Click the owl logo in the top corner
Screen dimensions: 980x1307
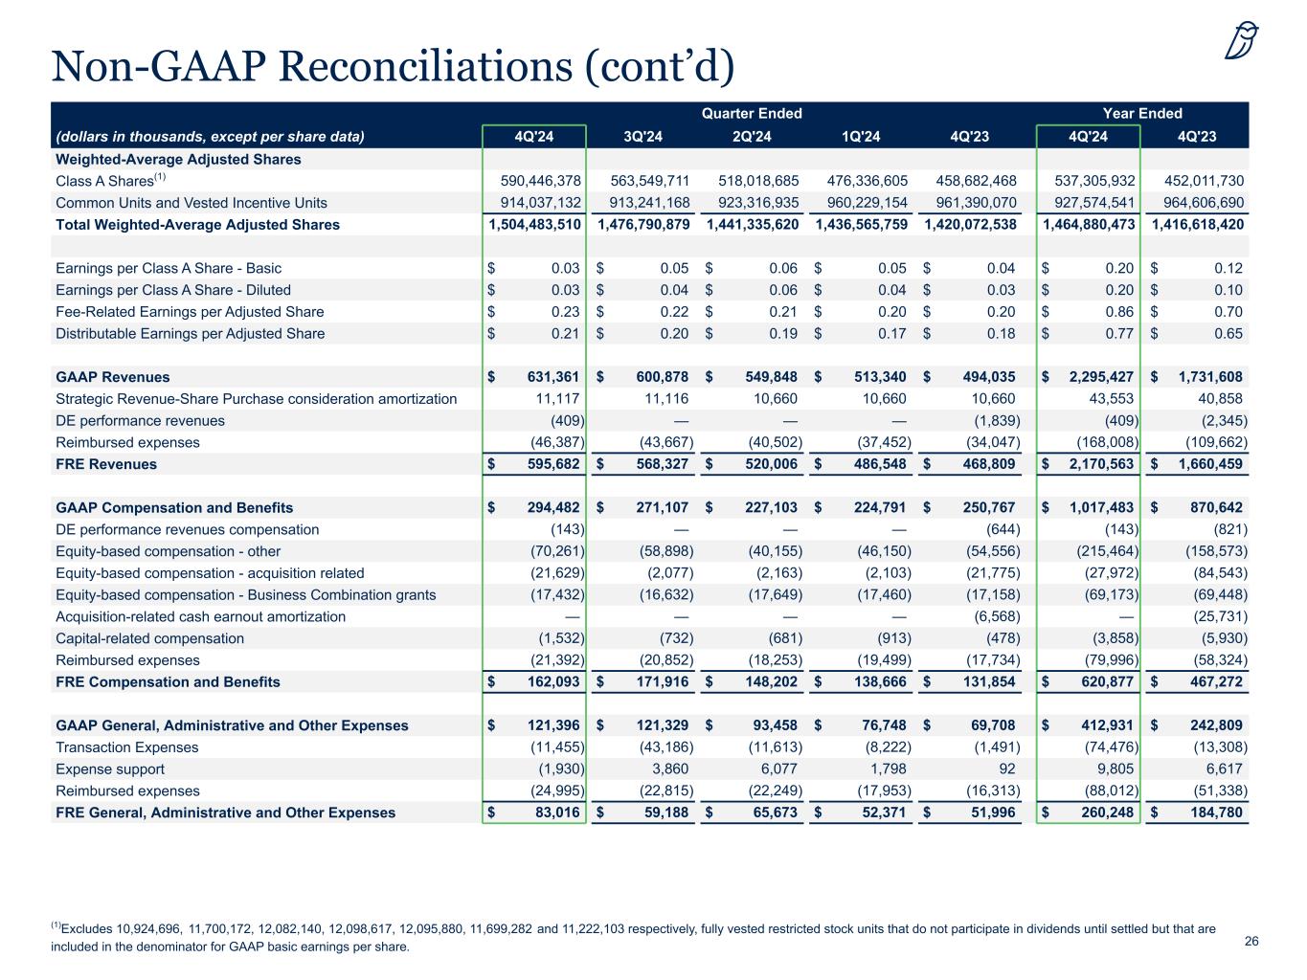click(x=1243, y=41)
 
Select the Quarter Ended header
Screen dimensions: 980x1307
click(x=752, y=113)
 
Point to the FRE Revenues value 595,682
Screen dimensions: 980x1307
click(x=554, y=464)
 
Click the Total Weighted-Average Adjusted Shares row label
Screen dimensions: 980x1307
click(x=197, y=225)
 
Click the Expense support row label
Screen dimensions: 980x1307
click(x=110, y=769)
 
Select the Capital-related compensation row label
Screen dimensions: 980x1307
click(x=149, y=638)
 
